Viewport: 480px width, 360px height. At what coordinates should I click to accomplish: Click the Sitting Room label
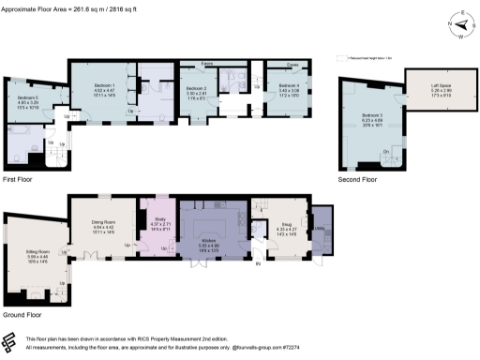click(x=38, y=252)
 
